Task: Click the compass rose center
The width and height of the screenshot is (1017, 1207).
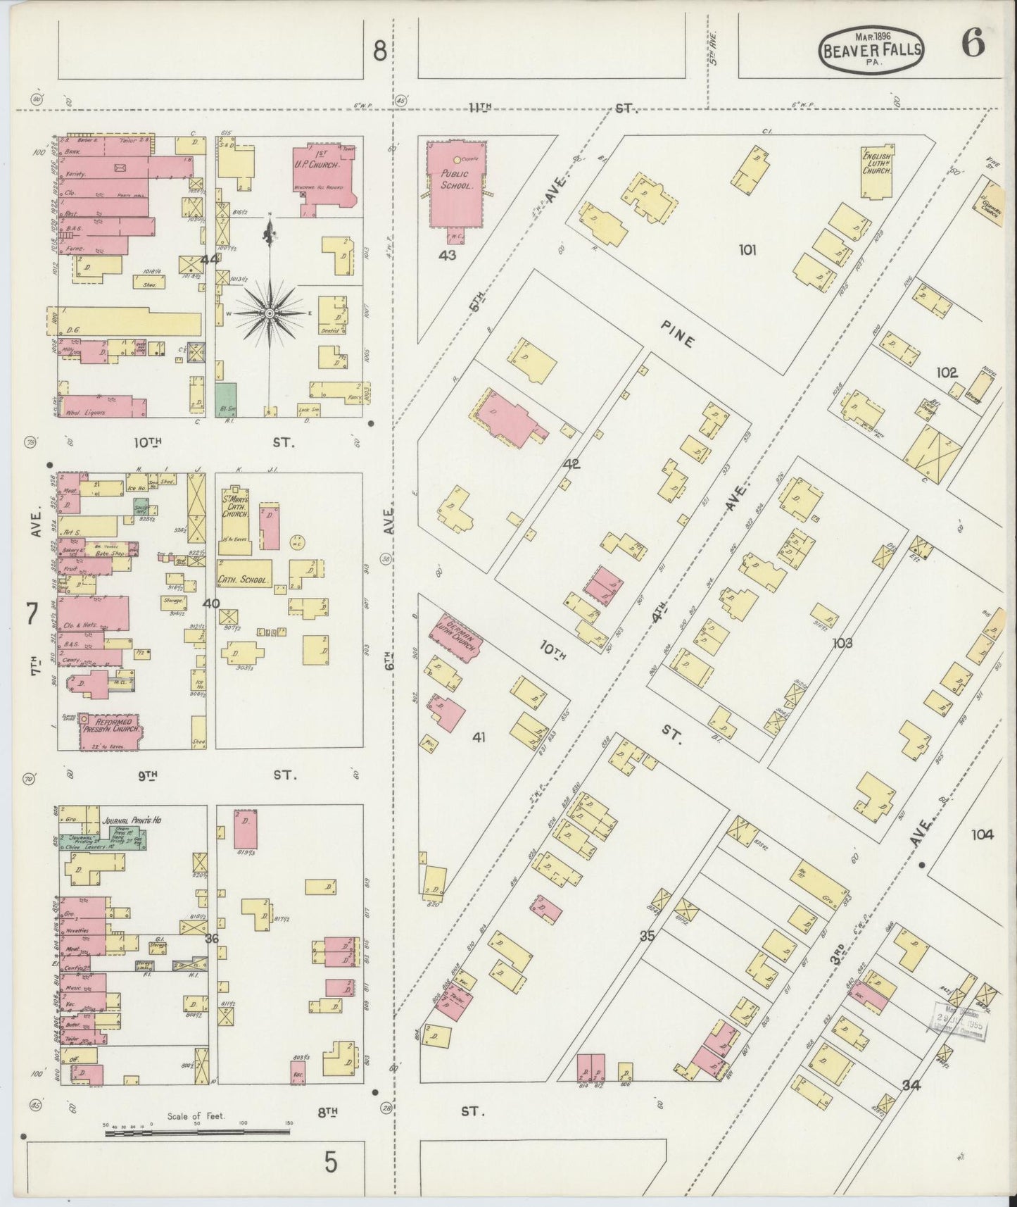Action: pos(270,311)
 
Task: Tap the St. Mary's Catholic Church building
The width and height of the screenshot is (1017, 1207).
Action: pos(234,522)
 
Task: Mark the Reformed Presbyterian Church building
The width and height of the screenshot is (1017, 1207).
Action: pos(110,729)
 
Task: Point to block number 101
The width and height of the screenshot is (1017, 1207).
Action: pos(747,249)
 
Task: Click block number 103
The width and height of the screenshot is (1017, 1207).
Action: pos(842,643)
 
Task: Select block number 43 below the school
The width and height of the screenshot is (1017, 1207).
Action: pos(448,255)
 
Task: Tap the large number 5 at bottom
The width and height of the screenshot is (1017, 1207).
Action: pos(331,1163)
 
